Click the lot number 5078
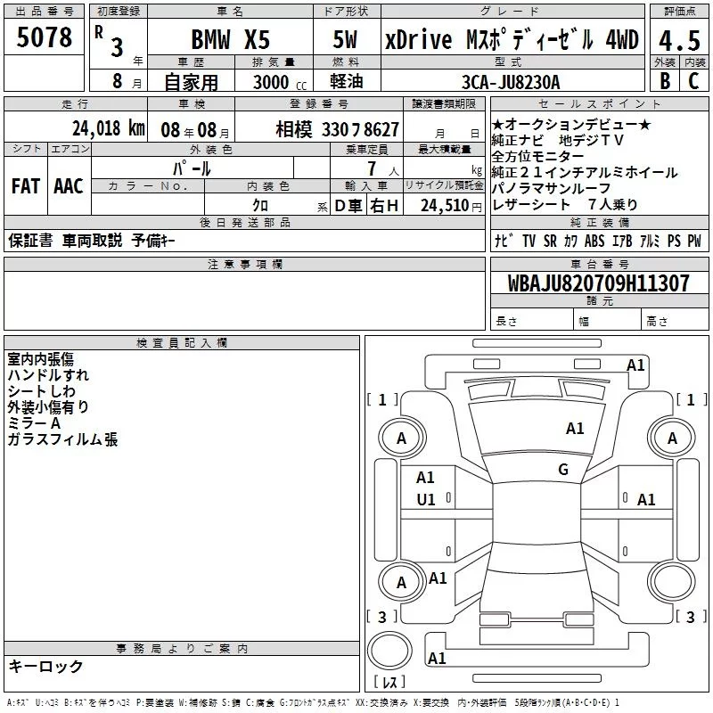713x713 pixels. click(x=44, y=37)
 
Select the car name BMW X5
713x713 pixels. click(x=230, y=39)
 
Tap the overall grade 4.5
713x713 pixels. click(x=679, y=40)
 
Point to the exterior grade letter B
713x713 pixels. click(x=665, y=81)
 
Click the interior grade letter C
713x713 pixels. click(x=693, y=81)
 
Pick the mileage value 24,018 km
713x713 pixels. click(x=109, y=128)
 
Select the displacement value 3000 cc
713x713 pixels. click(x=280, y=82)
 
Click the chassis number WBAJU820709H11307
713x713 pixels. click(x=598, y=283)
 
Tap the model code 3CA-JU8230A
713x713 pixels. click(x=510, y=82)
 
